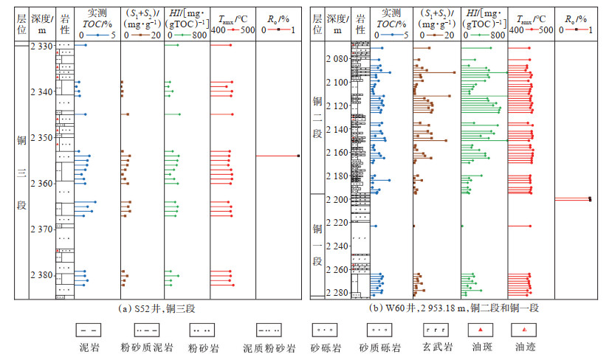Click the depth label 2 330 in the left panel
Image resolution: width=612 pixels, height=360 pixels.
[41, 46]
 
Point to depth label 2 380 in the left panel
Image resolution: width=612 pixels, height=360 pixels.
[41, 275]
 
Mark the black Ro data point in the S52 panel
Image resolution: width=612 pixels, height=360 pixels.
[298, 156]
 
